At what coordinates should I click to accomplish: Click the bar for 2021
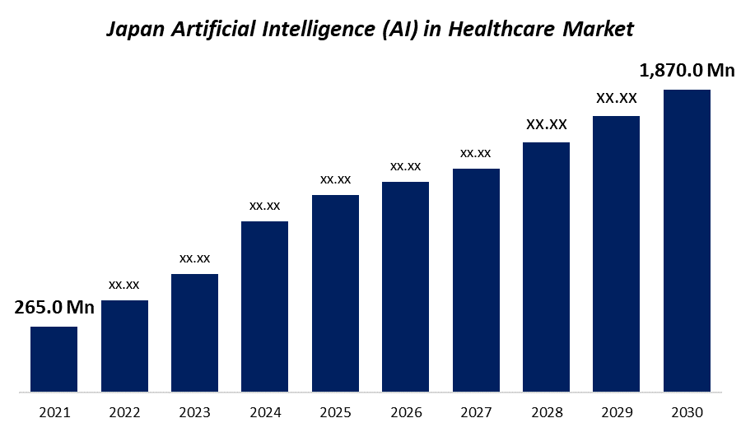pyautogui.click(x=54, y=359)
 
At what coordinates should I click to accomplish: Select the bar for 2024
pyautogui.click(x=264, y=306)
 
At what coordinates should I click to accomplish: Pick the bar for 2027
pyautogui.click(x=476, y=280)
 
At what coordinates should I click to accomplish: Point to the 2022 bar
pyautogui.click(x=124, y=346)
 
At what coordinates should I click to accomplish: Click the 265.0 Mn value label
pyautogui.click(x=54, y=308)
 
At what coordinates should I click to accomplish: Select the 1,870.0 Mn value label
pyautogui.click(x=687, y=71)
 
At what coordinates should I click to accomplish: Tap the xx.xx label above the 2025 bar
pyautogui.click(x=335, y=179)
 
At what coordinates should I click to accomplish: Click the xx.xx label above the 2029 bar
pyautogui.click(x=617, y=99)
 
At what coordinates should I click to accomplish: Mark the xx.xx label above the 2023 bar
pyautogui.click(x=195, y=258)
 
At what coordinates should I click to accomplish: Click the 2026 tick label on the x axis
pyautogui.click(x=406, y=411)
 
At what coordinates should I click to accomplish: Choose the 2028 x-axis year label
pyautogui.click(x=547, y=411)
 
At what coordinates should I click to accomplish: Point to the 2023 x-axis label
pyautogui.click(x=195, y=411)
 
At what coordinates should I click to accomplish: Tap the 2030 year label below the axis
pyautogui.click(x=687, y=411)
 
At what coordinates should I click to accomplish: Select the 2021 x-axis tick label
pyautogui.click(x=54, y=411)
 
